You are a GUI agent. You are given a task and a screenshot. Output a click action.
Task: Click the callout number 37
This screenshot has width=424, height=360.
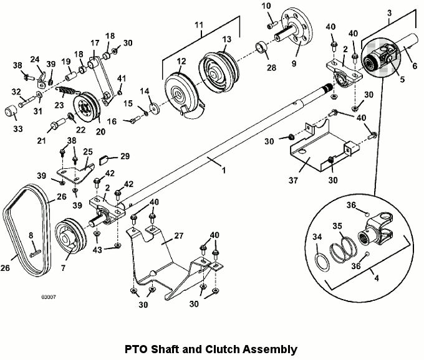(293, 180)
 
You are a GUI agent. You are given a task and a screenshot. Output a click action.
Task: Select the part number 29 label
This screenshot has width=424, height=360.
(125, 156)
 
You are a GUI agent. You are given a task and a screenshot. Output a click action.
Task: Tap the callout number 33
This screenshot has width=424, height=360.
(18, 129)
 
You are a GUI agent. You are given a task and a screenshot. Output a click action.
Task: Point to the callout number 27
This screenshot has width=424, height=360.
(179, 236)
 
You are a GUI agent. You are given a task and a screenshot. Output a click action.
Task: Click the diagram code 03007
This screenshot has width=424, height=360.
(49, 297)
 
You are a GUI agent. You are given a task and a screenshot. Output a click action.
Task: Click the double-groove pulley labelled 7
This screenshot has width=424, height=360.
(71, 236)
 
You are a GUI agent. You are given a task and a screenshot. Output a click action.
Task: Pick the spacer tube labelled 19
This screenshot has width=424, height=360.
(72, 75)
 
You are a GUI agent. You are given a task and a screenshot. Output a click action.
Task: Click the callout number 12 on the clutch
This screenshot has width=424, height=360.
(181, 61)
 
